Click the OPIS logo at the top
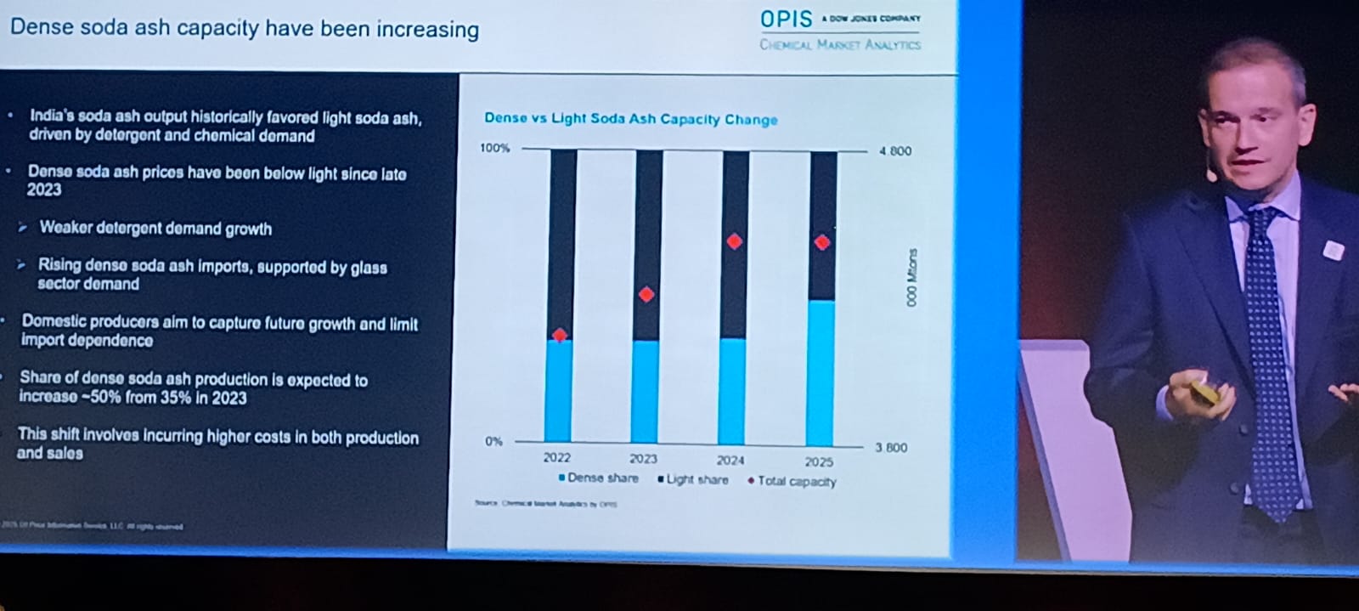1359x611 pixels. pyautogui.click(x=787, y=20)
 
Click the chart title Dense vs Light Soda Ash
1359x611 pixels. pyautogui.click(x=630, y=119)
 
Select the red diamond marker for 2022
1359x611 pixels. pyautogui.click(x=559, y=335)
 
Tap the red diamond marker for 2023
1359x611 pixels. pyautogui.click(x=646, y=294)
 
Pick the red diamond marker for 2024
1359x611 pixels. pyautogui.click(x=735, y=241)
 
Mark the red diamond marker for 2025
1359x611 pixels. pyautogui.click(x=821, y=242)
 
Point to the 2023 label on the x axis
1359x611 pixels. pyautogui.click(x=643, y=459)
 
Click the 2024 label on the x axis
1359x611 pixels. pyautogui.click(x=730, y=461)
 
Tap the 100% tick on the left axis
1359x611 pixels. pyautogui.click(x=494, y=149)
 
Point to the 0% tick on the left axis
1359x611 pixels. pyautogui.click(x=493, y=442)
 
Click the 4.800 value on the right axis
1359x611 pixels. pyautogui.click(x=895, y=151)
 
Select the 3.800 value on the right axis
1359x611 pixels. pyautogui.click(x=892, y=448)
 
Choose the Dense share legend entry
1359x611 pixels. pyautogui.click(x=599, y=478)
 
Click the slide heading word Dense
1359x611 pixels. pyautogui.click(x=40, y=26)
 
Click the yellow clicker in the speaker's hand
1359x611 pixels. pyautogui.click(x=1206, y=393)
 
